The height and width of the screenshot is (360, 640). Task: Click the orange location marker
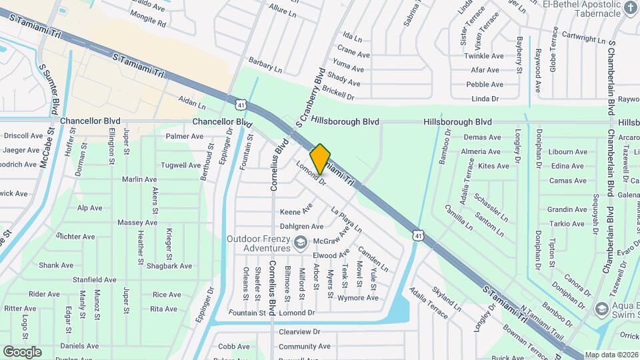point(321,159)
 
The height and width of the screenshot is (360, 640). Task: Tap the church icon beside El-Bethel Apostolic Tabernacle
point(631,8)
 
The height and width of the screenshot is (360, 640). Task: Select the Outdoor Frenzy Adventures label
point(259,243)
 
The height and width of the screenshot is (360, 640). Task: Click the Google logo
point(22,351)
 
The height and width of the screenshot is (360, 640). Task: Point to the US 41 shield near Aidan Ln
point(241,103)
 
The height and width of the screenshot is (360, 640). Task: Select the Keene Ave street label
point(296,211)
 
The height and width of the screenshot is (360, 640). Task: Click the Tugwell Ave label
point(180,165)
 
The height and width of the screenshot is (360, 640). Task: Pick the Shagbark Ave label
point(171,266)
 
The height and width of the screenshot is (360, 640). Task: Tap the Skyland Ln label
point(447,301)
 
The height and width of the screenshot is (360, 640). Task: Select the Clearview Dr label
point(299,331)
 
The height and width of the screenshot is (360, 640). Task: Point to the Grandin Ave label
point(567,209)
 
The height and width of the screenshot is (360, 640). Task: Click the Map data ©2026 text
point(611,355)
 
